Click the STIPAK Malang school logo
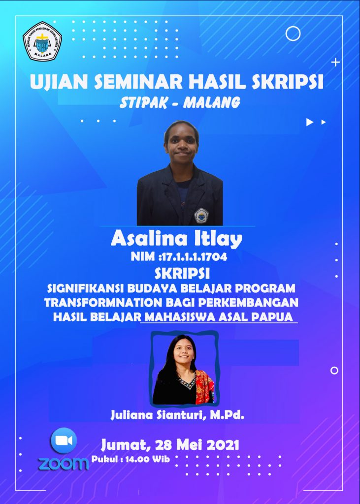tap(42, 41)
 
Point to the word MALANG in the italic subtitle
tap(212, 102)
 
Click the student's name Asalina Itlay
tap(176, 239)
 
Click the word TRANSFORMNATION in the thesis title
tap(104, 303)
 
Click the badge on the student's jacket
tap(201, 216)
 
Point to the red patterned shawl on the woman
tap(204, 387)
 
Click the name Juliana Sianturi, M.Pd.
tap(178, 415)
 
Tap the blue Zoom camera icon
tap(64, 441)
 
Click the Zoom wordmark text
tap(64, 464)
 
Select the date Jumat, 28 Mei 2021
tap(170, 445)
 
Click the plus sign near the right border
tap(335, 63)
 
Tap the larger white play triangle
tap(309, 122)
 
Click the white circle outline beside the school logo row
tap(293, 33)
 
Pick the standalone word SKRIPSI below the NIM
tap(182, 274)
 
